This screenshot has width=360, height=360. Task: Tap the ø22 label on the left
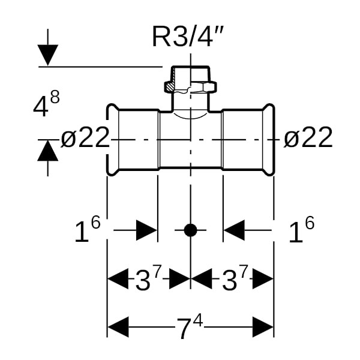tap(85, 139)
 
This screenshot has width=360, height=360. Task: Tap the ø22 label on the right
tap(308, 139)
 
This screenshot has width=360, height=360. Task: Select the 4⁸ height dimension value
tap(47, 106)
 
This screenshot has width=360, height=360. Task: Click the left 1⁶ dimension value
tap(86, 231)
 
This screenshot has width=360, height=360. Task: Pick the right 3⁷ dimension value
tap(234, 279)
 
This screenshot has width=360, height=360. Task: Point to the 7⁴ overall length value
tap(190, 328)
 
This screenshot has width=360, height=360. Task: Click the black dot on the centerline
tap(190, 230)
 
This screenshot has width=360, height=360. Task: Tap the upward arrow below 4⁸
tap(48, 151)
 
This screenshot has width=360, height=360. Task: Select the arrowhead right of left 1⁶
tap(146, 230)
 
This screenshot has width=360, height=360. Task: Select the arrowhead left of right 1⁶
tap(235, 230)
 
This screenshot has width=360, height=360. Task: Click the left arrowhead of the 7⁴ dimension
tap(118, 328)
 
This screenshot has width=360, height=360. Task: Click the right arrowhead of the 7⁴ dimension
tap(263, 328)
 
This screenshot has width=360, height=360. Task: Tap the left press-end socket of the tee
tap(133, 139)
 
